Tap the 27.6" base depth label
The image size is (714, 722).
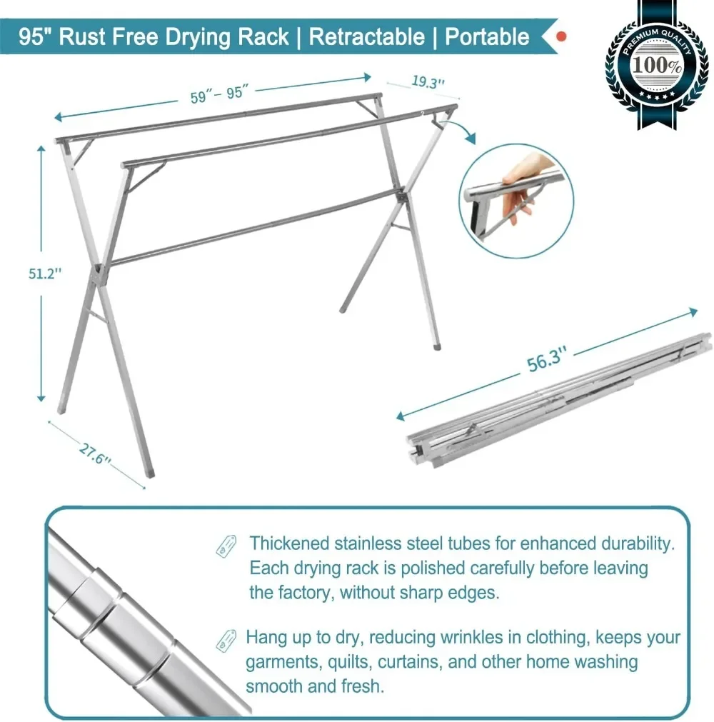[95, 454]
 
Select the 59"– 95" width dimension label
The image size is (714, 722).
[218, 94]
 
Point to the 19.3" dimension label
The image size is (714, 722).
[428, 81]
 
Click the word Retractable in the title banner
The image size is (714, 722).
[366, 37]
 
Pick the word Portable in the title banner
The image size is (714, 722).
[487, 37]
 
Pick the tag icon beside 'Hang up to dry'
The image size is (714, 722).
[226, 638]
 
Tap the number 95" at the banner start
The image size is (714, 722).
[34, 37]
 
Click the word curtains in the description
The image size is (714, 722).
[407, 661]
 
